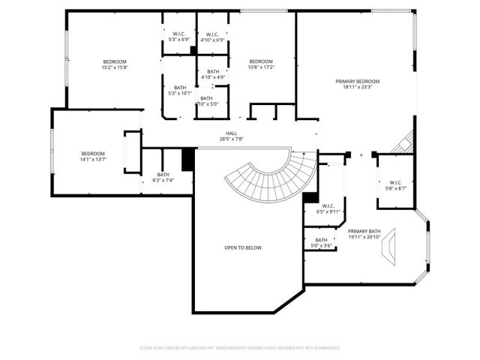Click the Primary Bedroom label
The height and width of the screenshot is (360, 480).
click(357, 83)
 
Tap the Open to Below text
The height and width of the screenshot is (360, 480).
click(243, 247)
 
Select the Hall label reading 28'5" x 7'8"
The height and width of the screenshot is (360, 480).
click(231, 136)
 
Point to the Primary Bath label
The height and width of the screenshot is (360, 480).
click(364, 234)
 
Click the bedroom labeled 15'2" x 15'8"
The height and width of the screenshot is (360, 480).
click(115, 64)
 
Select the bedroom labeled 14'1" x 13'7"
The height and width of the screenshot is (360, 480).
click(93, 156)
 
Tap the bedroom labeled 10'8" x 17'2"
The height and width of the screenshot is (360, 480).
click(261, 64)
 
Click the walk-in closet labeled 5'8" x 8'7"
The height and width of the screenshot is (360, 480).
click(396, 185)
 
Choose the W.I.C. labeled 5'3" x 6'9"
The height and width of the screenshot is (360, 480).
click(178, 37)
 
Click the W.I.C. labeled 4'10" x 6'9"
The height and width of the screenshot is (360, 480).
click(210, 37)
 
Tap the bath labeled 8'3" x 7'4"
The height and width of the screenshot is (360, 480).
click(163, 177)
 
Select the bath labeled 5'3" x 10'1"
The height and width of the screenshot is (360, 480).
click(180, 91)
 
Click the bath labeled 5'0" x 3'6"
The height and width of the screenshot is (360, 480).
click(322, 243)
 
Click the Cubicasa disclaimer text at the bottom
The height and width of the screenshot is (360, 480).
click(240, 348)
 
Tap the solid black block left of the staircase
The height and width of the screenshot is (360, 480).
click(188, 159)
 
